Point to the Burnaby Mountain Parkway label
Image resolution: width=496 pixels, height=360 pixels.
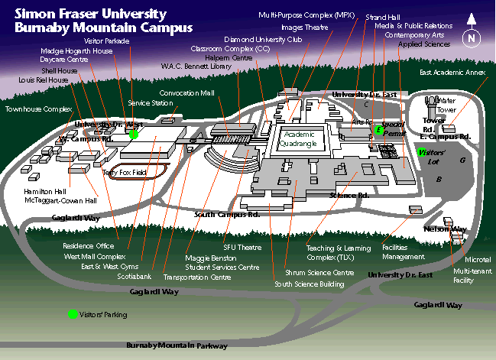pos(177,345)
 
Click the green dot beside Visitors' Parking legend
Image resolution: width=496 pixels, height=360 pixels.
pos(73,314)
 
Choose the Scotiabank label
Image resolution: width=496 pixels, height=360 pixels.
pos(135,276)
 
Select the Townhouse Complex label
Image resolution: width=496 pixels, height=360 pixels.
pos(38,109)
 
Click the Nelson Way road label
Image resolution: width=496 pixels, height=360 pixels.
pos(445,229)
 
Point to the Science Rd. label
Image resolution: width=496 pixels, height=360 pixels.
pos(348,196)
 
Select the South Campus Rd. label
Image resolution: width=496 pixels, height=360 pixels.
pos(227,215)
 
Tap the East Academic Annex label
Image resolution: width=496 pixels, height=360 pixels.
pos(452,73)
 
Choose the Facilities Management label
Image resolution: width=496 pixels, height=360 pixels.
pos(406,253)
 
